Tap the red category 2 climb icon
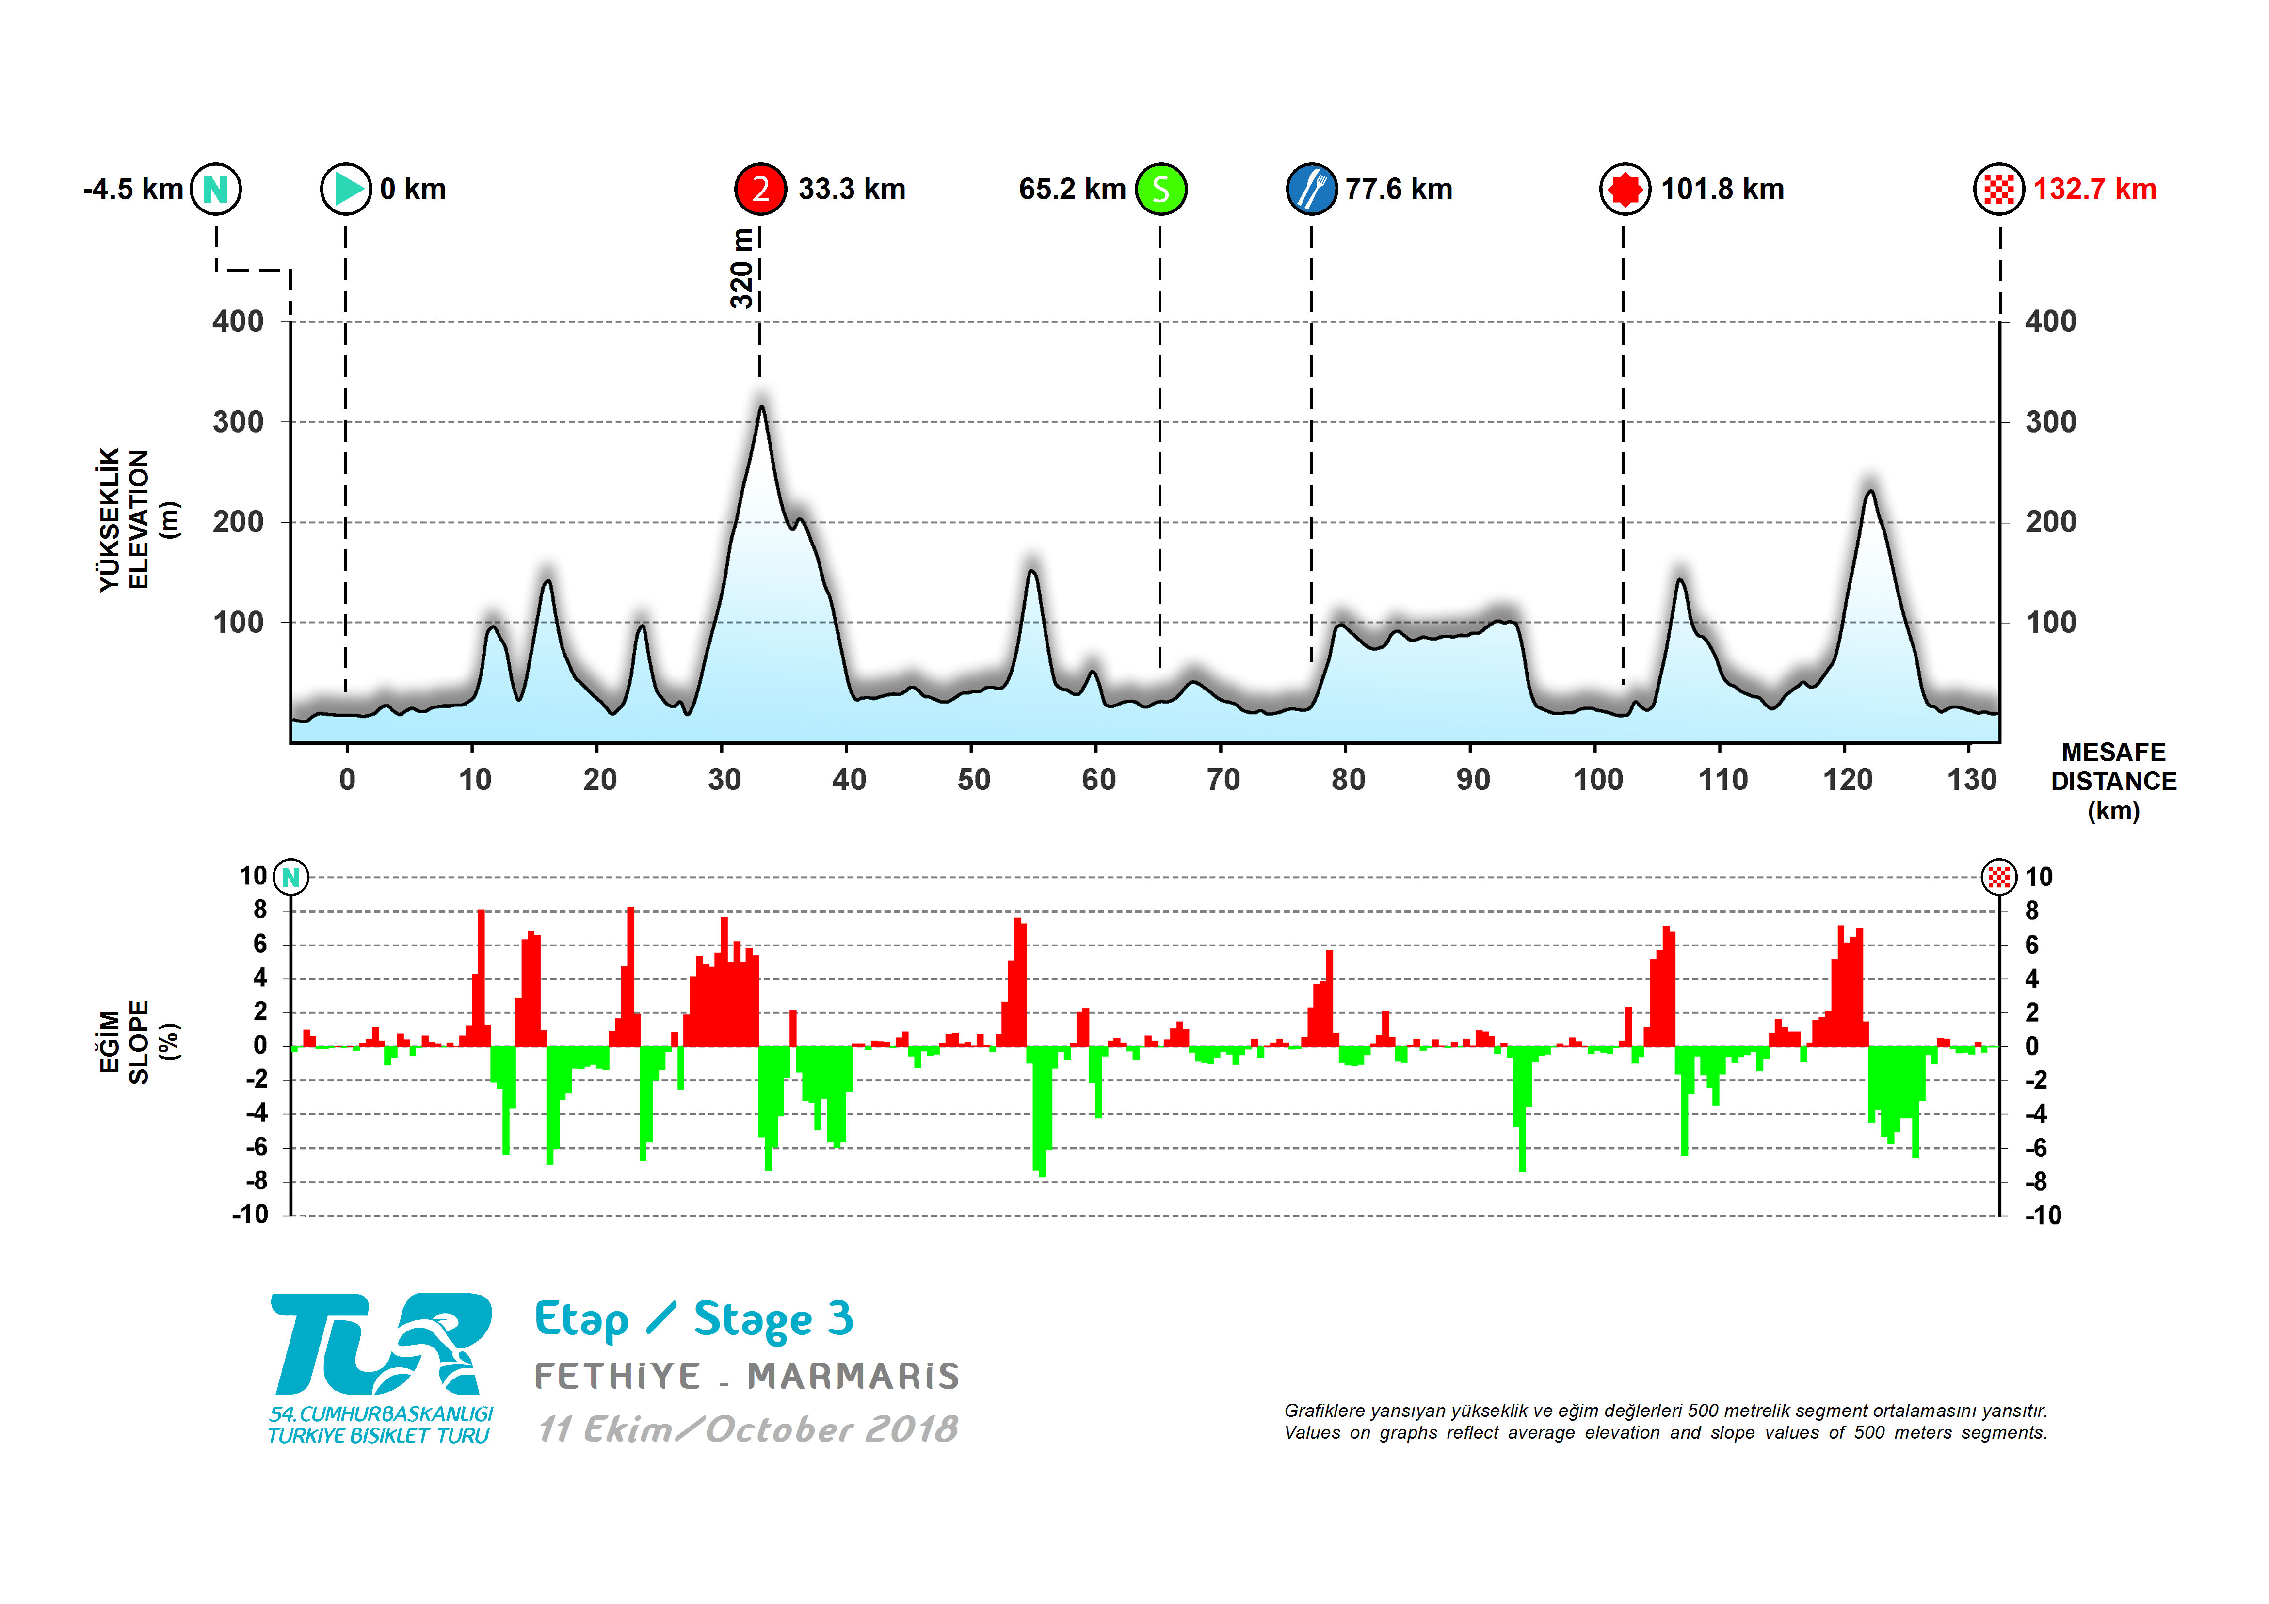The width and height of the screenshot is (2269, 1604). click(760, 189)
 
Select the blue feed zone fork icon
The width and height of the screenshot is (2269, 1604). click(1311, 189)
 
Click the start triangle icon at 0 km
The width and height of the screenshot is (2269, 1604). click(346, 189)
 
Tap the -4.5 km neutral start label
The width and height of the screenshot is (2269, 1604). click(133, 189)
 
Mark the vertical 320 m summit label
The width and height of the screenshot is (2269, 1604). click(741, 269)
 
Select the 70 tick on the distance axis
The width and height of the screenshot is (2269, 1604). click(1223, 780)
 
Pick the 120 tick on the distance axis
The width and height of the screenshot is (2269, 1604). click(1847, 780)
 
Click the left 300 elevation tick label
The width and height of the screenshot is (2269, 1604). click(238, 422)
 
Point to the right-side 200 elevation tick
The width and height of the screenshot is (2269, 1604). click(2051, 522)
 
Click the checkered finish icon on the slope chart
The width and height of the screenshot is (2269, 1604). click(1998, 877)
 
